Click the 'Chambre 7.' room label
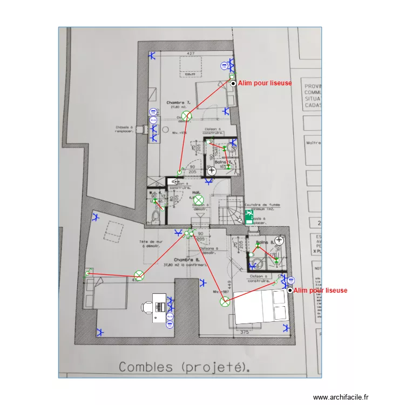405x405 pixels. pyautogui.click(x=179, y=102)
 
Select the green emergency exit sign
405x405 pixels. pyautogui.click(x=249, y=217)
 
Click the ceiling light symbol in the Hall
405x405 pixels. pyautogui.click(x=198, y=200)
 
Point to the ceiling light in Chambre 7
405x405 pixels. pyautogui.click(x=186, y=116)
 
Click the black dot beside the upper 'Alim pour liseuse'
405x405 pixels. pyautogui.click(x=233, y=83)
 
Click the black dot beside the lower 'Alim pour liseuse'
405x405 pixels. pyautogui.click(x=290, y=291)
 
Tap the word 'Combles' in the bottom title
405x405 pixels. pyautogui.click(x=143, y=367)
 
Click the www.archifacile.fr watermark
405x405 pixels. pyautogui.click(x=342, y=397)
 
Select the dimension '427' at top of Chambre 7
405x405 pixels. pyautogui.click(x=191, y=53)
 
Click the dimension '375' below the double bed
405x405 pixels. pyautogui.click(x=245, y=332)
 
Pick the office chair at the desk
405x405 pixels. pyautogui.click(x=146, y=307)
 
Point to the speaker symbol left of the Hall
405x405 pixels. pyautogui.click(x=174, y=182)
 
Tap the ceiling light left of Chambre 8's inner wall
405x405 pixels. pyautogui.click(x=139, y=276)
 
